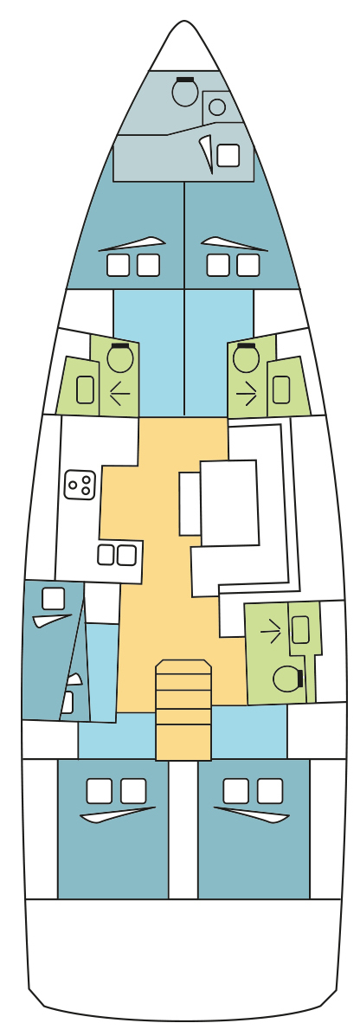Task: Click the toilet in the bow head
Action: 184,92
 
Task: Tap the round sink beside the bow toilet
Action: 217,107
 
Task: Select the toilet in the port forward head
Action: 119,358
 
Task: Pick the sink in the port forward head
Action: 85,389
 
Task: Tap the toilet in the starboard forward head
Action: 247,358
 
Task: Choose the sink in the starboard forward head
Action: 280,389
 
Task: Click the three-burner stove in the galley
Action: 80,485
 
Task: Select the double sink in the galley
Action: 117,555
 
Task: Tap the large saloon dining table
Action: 229,503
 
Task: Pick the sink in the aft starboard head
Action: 300,629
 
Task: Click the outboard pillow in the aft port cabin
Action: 100,790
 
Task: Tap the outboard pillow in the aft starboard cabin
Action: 270,790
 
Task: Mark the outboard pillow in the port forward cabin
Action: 118,265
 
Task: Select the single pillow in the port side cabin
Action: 53,598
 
